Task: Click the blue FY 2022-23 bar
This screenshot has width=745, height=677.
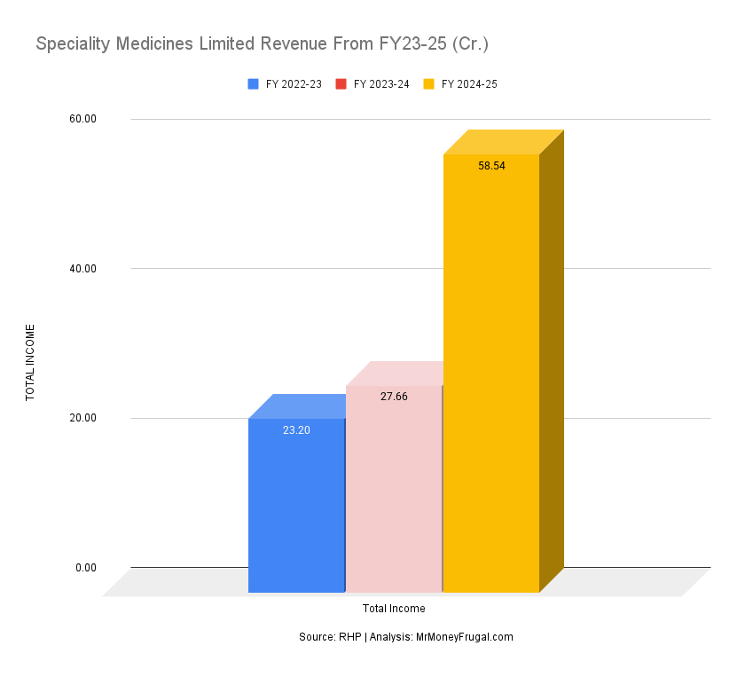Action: tap(296, 506)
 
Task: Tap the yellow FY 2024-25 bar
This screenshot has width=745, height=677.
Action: tap(491, 373)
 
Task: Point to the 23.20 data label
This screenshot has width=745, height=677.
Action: tap(296, 430)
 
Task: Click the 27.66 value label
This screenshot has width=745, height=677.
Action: tap(394, 397)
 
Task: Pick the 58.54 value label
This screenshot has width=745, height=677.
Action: tap(491, 166)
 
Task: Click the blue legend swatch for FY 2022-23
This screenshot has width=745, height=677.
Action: tap(254, 84)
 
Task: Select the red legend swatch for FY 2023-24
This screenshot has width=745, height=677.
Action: tap(341, 84)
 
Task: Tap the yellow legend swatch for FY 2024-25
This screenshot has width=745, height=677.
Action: tap(429, 84)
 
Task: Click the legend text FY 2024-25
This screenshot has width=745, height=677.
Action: tap(469, 84)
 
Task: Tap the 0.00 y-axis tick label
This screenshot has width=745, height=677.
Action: tap(86, 568)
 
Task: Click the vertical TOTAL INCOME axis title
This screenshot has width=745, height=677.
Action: tap(30, 362)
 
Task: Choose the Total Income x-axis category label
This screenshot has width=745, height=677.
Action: tap(394, 609)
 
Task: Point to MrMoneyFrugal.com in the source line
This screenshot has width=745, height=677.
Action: tap(464, 637)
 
